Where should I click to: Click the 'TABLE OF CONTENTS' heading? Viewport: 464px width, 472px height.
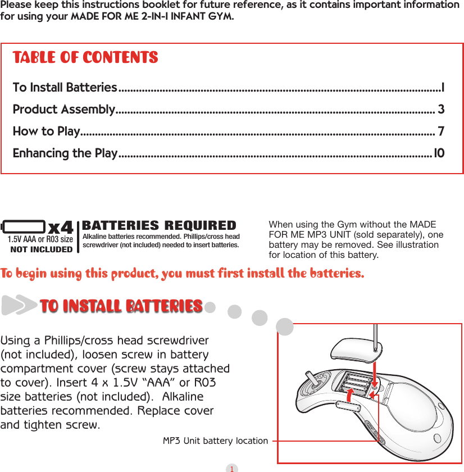tap(85, 58)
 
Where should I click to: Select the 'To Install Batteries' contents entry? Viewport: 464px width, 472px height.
tap(65, 88)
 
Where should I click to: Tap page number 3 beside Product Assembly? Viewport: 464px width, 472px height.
tap(441, 109)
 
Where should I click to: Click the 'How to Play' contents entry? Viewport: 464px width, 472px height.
tap(46, 131)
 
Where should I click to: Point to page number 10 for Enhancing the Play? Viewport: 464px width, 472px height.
tap(439, 153)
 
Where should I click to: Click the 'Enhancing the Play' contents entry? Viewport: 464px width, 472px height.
tap(65, 153)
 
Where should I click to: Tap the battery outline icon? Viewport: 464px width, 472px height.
tap(24, 227)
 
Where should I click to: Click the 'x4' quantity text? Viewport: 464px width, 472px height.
tap(61, 229)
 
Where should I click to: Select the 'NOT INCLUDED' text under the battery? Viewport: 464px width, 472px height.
tap(42, 249)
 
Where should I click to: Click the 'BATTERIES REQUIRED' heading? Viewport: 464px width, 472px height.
tap(159, 226)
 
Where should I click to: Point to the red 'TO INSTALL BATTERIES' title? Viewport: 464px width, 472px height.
tap(121, 306)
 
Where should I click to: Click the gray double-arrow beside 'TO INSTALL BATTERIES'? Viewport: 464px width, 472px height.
tap(20, 306)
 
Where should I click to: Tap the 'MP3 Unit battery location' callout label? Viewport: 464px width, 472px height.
tap(215, 441)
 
